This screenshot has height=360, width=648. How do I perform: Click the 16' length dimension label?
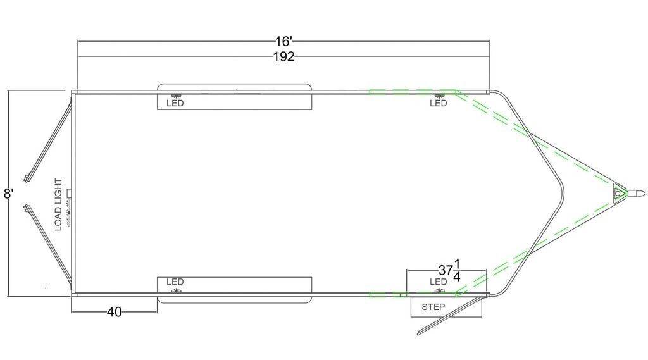tap(284, 41)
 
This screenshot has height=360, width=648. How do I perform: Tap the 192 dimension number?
tap(284, 56)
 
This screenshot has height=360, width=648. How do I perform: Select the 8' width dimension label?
tap(9, 194)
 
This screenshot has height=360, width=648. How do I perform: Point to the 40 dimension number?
tap(115, 312)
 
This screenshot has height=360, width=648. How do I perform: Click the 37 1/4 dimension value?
tap(450, 270)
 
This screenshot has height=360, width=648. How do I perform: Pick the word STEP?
tap(433, 307)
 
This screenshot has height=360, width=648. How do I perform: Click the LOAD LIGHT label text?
tap(58, 204)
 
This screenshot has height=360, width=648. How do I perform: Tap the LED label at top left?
tap(175, 103)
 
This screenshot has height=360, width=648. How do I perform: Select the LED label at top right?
tap(438, 103)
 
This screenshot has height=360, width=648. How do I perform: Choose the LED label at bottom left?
tap(175, 282)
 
